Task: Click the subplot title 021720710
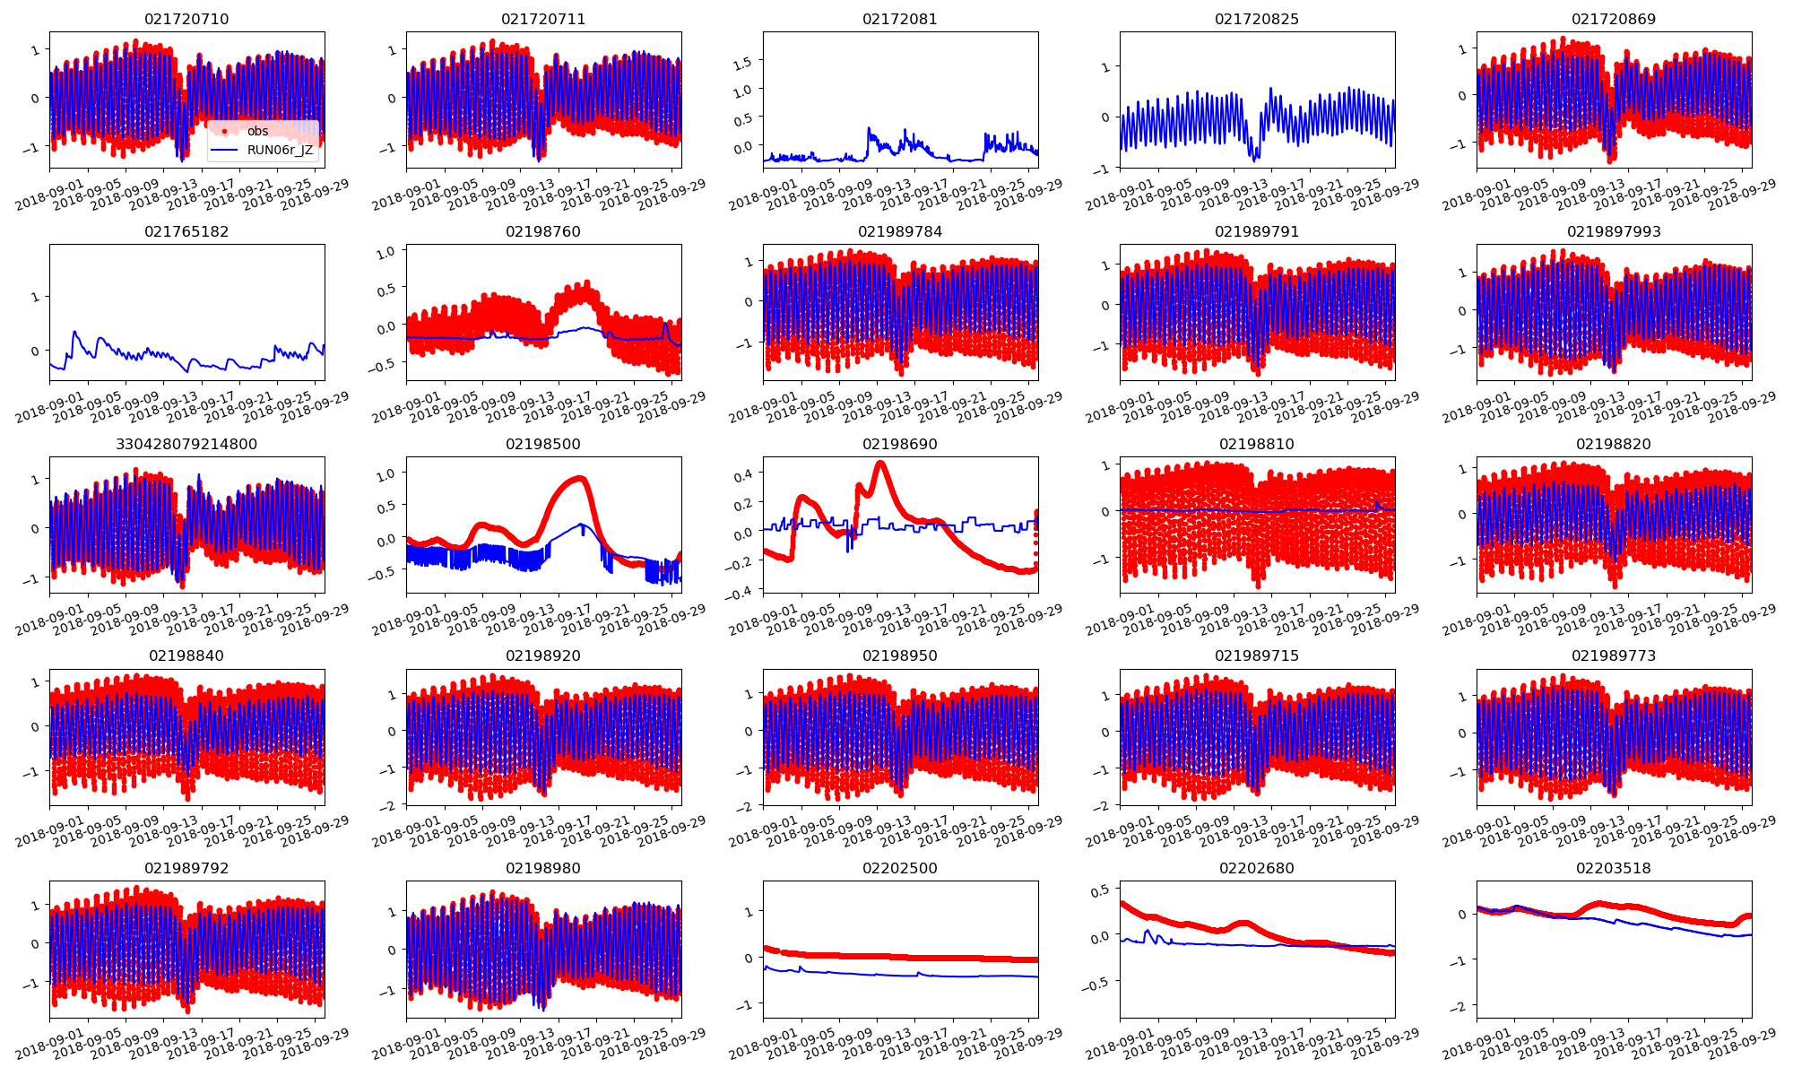[186, 19]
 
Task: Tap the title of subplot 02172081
[900, 19]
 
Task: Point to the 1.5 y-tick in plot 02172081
[742, 61]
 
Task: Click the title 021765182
[186, 231]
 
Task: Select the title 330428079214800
[186, 444]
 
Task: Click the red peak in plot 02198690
[880, 464]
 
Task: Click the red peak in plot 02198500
[580, 479]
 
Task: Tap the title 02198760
[543, 231]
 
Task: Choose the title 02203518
[1614, 868]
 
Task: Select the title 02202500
[900, 868]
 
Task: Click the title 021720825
[1257, 19]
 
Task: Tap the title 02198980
[543, 868]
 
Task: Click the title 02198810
[1257, 444]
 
